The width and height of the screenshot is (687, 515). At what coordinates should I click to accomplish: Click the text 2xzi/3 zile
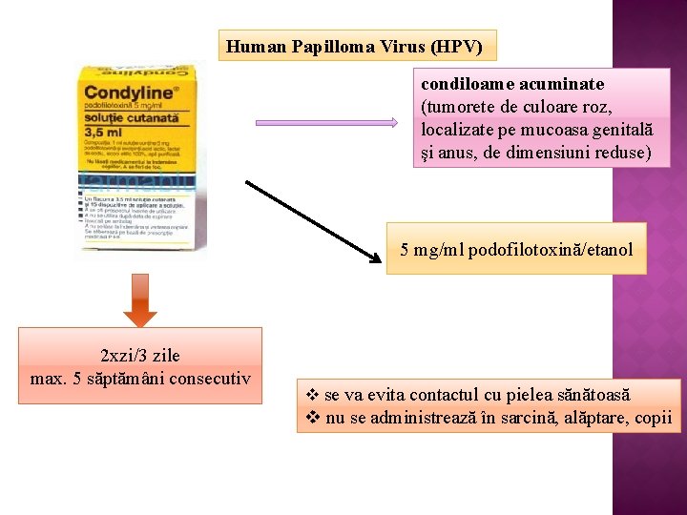tap(139, 356)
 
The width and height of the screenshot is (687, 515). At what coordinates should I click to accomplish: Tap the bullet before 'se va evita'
tap(311, 395)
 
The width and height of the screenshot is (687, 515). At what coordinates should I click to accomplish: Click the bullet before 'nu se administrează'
tap(311, 418)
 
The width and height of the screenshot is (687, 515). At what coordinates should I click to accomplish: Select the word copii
tap(652, 418)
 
